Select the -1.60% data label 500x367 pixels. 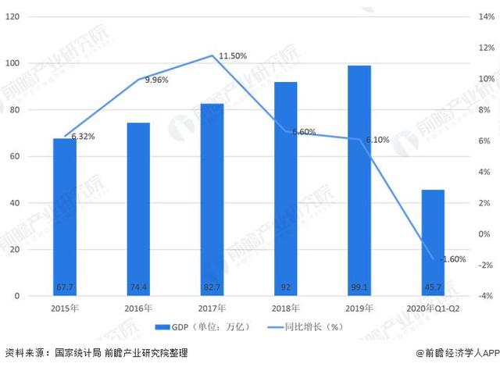(453, 259)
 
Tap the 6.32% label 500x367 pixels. (84, 137)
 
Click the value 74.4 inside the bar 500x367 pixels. (138, 287)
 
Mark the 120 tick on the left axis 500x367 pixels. (12, 16)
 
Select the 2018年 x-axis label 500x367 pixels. (286, 308)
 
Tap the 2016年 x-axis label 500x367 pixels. (138, 308)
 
